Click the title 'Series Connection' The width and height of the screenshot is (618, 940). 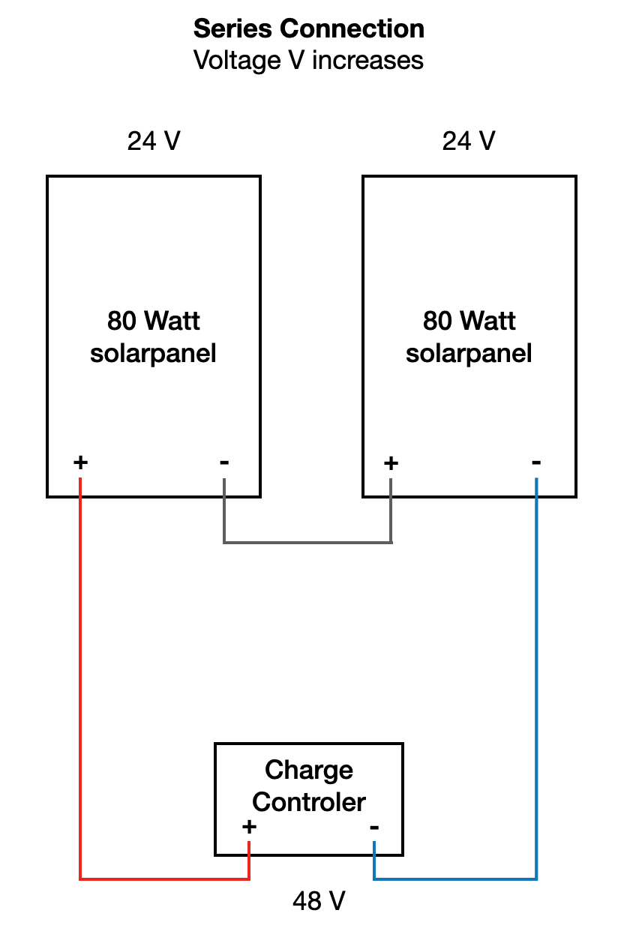coord(309,29)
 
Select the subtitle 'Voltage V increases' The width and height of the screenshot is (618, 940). coord(309,60)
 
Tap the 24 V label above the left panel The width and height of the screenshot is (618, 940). coord(154,141)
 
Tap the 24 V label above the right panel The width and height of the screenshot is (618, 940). coord(469,141)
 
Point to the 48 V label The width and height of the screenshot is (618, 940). coord(319,901)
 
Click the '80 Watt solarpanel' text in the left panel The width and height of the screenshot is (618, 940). coord(154,337)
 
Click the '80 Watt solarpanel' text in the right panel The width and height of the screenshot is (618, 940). coord(469,337)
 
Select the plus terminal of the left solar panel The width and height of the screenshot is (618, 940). coord(80,463)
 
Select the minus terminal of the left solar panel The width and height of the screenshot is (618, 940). coord(224,463)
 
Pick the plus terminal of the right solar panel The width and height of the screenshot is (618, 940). coord(391,463)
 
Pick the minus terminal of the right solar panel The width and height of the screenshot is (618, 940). coord(536,463)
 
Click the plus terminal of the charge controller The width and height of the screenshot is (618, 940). coord(249,828)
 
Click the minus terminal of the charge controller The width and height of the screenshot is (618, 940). coord(374,828)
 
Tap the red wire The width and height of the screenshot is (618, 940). coord(80,675)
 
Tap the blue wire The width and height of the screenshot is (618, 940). coord(536,675)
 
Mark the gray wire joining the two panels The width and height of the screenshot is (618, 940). coord(307,542)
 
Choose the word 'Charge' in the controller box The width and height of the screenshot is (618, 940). coord(309,771)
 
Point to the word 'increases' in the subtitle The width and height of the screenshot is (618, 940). coord(367,60)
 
